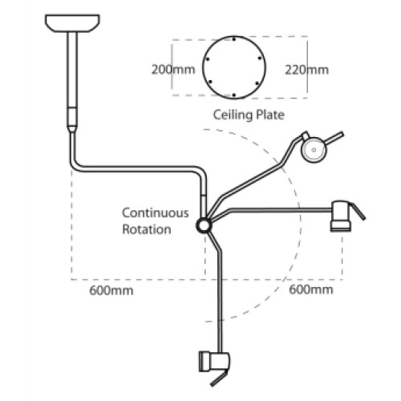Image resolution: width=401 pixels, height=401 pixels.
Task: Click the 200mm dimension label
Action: coord(173,70)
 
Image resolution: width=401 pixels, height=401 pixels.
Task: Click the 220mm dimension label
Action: coord(306,70)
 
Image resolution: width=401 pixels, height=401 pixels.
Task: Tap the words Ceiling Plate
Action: coord(249,115)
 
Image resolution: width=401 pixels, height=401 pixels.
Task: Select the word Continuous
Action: coord(156,213)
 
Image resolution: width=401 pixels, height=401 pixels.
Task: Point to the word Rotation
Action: coord(147,229)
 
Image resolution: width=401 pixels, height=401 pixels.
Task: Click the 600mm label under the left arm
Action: coord(111,290)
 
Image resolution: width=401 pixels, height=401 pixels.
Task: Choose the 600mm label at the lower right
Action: coord(311,290)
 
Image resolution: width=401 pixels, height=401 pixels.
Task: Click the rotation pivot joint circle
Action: coord(204,225)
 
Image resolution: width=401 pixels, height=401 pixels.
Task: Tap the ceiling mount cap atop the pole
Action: coord(72,23)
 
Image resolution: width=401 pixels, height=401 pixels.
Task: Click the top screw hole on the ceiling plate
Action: coord(234,39)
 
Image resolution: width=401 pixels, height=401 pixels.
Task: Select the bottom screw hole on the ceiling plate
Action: coord(234,95)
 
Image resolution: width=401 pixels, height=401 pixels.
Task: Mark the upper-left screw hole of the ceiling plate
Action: coord(208,59)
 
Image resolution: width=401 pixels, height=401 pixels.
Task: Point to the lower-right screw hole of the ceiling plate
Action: coord(257,83)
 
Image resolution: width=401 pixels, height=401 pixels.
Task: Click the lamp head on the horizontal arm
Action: coord(341,216)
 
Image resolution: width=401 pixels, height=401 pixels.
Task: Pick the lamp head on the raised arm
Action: coord(314,150)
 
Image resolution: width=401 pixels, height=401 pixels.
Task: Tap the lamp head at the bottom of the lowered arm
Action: coord(214,362)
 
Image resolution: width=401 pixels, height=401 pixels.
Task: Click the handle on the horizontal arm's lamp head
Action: coord(358,212)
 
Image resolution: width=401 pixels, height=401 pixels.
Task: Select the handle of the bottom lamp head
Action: coord(220,378)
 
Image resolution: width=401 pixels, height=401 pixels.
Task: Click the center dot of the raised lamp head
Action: coord(314,150)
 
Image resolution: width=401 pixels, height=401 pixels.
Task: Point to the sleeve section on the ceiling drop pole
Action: coord(72,116)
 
